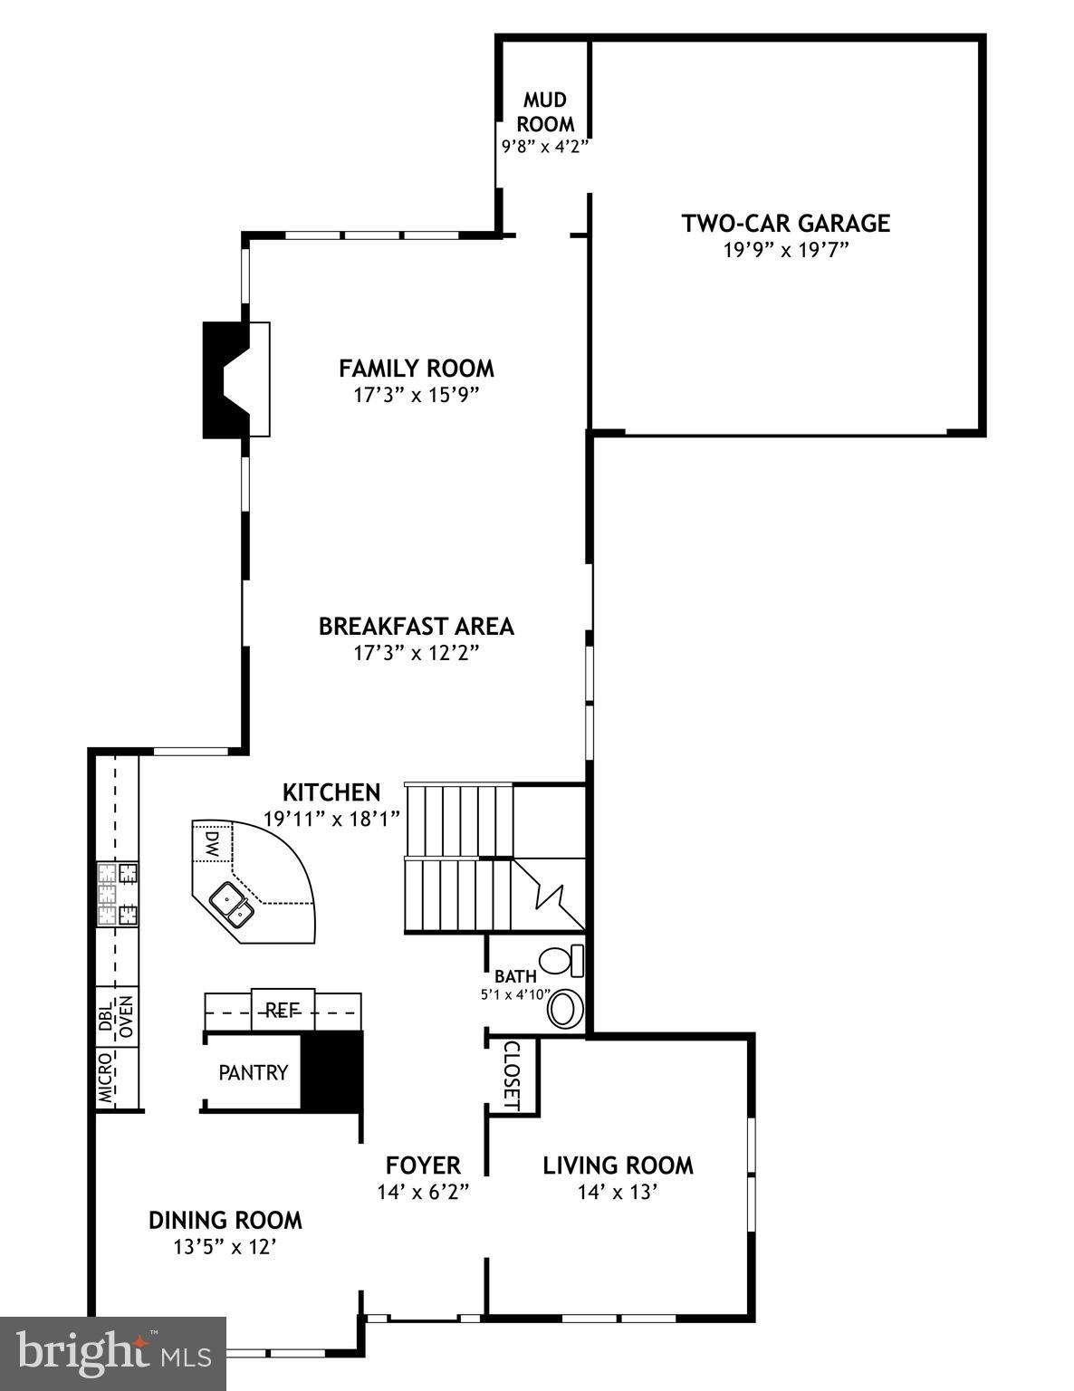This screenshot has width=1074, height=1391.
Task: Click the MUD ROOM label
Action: pos(545,111)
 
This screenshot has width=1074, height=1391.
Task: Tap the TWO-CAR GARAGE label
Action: pos(785,223)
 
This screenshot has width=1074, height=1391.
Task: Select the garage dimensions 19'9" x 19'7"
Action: pos(785,250)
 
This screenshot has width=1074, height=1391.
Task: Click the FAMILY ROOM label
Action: pos(417,369)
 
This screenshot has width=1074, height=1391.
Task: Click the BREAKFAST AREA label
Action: pos(416,626)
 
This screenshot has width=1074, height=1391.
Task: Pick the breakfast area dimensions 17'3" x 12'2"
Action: pos(416,653)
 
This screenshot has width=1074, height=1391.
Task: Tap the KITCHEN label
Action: pos(331,792)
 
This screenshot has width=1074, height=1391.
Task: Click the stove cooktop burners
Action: pos(118,894)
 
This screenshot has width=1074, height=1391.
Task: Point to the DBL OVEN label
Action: pos(116,1016)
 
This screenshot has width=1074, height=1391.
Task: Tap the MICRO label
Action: pos(107,1078)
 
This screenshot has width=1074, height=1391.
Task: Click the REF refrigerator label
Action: pos(282,1011)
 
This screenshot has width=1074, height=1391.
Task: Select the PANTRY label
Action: pos(253,1072)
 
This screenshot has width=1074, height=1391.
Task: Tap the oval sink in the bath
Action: pos(566,1009)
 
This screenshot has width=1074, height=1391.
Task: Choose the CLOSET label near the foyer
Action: pos(512,1075)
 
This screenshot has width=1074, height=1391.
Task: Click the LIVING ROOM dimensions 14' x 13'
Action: pos(617,1192)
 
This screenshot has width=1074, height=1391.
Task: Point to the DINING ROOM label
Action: pos(225,1220)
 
